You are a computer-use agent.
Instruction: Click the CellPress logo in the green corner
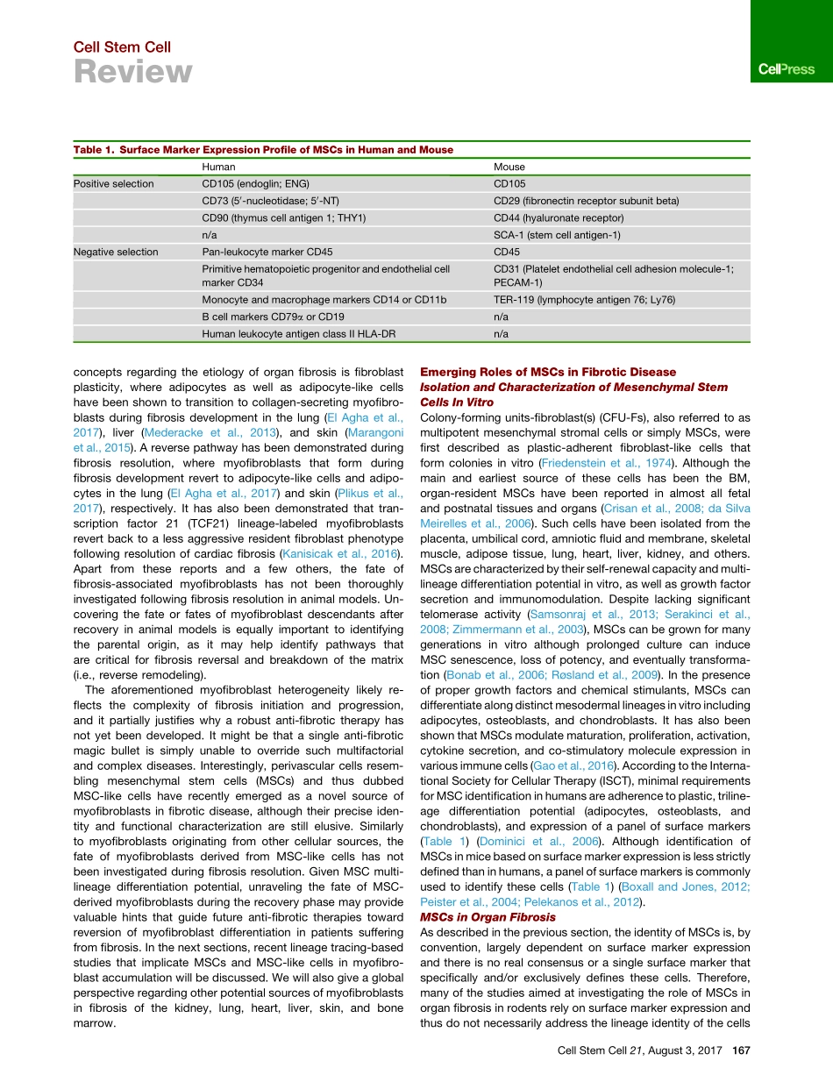click(787, 69)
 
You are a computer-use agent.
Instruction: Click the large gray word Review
click(132, 73)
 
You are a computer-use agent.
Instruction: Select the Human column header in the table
click(218, 167)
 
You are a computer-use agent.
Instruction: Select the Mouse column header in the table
click(509, 167)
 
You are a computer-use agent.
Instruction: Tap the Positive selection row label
click(114, 184)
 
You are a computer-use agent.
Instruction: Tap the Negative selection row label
click(116, 252)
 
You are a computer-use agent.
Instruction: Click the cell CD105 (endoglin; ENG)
click(256, 184)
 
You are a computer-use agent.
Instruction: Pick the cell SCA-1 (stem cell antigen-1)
click(557, 235)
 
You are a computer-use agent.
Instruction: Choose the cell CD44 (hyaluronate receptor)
click(559, 217)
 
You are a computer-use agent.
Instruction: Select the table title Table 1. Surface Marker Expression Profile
click(263, 150)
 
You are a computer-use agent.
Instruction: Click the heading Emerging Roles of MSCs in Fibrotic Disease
click(548, 373)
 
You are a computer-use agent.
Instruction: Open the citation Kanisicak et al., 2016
click(338, 552)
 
